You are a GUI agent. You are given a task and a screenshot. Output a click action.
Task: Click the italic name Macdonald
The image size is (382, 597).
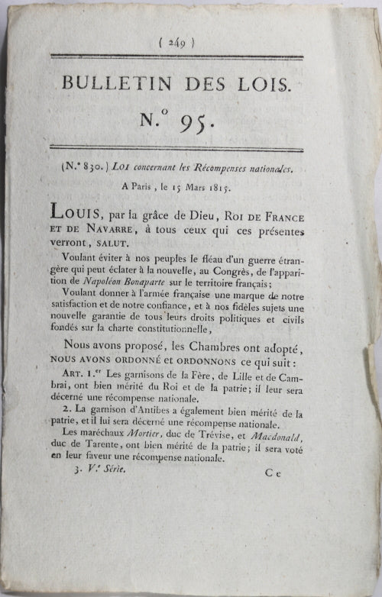coord(286,442)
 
